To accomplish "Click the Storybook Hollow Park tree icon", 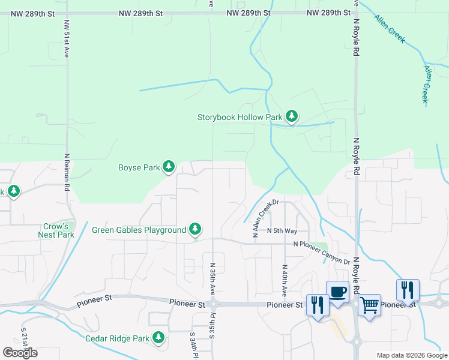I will pyautogui.click(x=292, y=116).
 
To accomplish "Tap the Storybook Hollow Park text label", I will pyautogui.click(x=240, y=118).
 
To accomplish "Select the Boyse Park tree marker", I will pyautogui.click(x=169, y=167).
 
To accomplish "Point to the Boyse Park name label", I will pyautogui.click(x=139, y=168).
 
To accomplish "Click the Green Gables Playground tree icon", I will pyautogui.click(x=195, y=229).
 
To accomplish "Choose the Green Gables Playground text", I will pyautogui.click(x=139, y=230).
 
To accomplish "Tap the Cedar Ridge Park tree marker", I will pyautogui.click(x=158, y=337).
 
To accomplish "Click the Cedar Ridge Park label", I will pyautogui.click(x=117, y=338).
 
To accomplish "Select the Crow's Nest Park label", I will pyautogui.click(x=58, y=231).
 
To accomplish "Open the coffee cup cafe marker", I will pyautogui.click(x=337, y=293).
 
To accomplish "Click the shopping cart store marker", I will pyautogui.click(x=369, y=305).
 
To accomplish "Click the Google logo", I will pyautogui.click(x=20, y=353).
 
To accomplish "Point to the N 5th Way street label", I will pyautogui.click(x=282, y=230).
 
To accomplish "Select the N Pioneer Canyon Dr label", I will pyautogui.click(x=321, y=244).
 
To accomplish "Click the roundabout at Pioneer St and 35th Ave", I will pyautogui.click(x=214, y=305).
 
